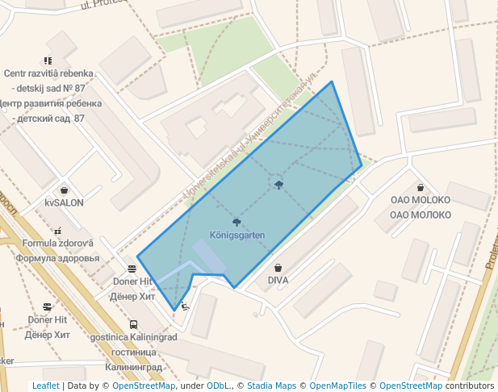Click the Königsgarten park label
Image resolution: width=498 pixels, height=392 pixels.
pyautogui.click(x=237, y=235)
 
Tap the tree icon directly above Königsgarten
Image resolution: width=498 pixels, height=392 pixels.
pyautogui.click(x=236, y=221)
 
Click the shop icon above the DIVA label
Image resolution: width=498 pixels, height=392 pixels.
pyautogui.click(x=278, y=267)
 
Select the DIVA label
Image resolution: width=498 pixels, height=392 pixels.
pyautogui.click(x=278, y=281)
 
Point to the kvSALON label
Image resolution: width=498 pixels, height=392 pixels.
pyautogui.click(x=64, y=202)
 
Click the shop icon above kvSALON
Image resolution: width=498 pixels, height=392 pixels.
pyautogui.click(x=64, y=190)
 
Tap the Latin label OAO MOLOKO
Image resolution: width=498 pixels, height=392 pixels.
pyautogui.click(x=420, y=201)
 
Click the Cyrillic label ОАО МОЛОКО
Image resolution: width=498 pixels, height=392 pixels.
pyautogui.click(x=420, y=215)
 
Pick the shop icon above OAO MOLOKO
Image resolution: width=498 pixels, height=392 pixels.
pyautogui.click(x=420, y=188)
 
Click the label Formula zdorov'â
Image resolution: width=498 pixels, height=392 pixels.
pyautogui.click(x=58, y=244)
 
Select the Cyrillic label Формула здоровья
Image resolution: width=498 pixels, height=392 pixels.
pyautogui.click(x=58, y=258)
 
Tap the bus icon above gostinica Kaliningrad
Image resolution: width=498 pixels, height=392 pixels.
pyautogui.click(x=133, y=324)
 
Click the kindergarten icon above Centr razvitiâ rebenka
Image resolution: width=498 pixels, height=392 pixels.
pyautogui.click(x=48, y=60)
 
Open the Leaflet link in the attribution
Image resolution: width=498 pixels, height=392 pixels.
pyautogui.click(x=46, y=386)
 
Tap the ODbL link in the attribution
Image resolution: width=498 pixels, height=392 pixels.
pyautogui.click(x=218, y=386)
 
